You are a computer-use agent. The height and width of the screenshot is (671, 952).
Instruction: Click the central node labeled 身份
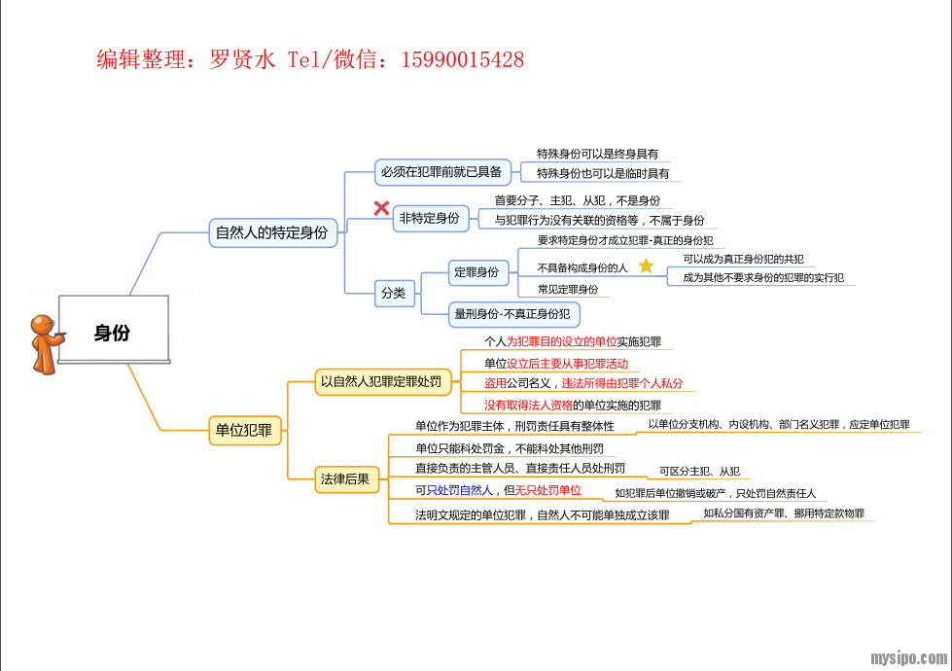[112, 333]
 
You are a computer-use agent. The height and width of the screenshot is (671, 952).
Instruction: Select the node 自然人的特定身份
[271, 233]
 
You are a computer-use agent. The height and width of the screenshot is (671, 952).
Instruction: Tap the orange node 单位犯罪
[243, 430]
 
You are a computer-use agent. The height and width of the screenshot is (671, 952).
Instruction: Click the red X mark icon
[381, 208]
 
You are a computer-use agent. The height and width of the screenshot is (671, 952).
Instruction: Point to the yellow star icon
[646, 265]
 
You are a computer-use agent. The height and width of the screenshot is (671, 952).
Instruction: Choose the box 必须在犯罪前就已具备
[441, 172]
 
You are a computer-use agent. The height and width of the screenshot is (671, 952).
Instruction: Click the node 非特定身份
[428, 219]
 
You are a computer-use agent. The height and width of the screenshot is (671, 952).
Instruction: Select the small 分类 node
[394, 292]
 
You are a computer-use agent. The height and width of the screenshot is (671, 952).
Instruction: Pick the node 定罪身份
[476, 272]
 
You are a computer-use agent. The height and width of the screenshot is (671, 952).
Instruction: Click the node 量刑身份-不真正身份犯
[512, 314]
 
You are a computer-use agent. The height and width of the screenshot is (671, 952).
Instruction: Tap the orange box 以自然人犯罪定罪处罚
[381, 381]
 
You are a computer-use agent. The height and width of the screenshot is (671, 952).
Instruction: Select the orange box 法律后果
[345, 478]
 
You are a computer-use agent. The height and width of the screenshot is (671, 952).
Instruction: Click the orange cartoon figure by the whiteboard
[44, 343]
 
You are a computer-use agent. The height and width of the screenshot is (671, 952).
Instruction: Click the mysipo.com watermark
[907, 657]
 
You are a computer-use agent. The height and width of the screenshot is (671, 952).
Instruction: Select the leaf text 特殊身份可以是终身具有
[597, 154]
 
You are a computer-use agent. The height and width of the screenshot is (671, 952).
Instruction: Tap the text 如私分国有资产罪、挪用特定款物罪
[784, 513]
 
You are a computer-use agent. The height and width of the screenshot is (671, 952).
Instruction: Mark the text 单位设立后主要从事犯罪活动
[555, 363]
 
